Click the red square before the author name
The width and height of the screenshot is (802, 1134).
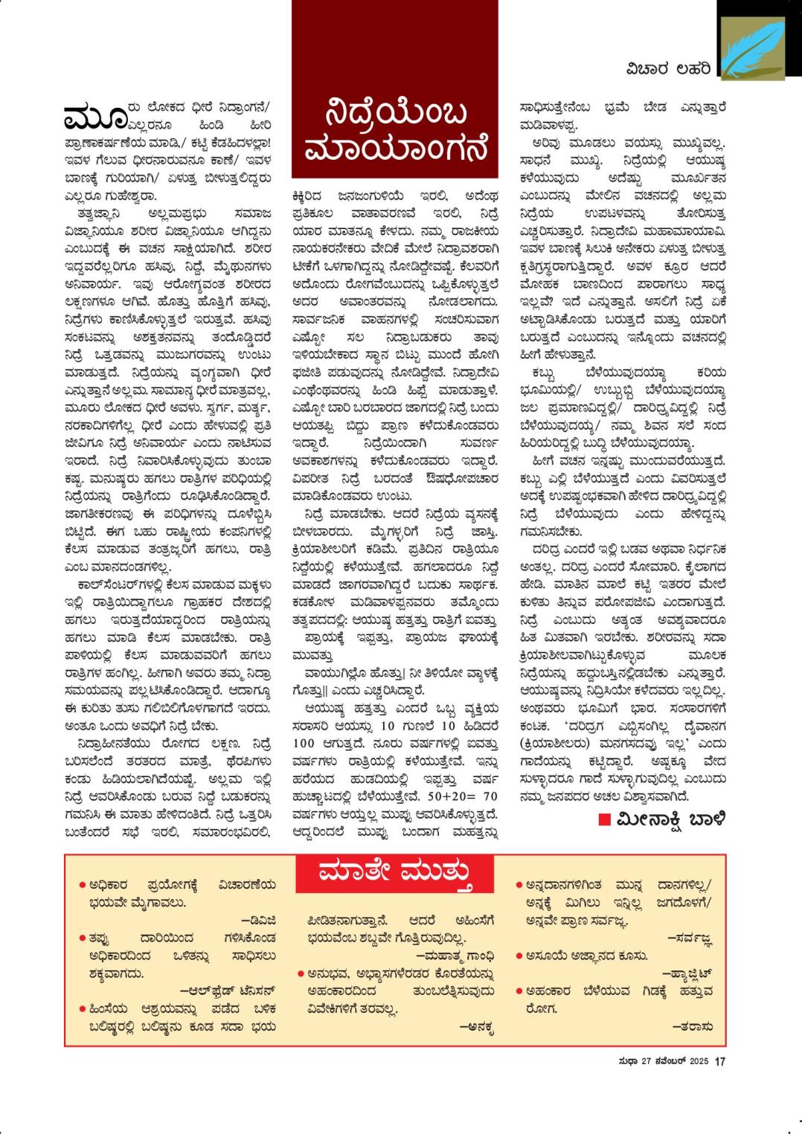[605, 819]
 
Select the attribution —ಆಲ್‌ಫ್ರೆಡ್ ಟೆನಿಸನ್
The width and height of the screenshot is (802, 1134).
[228, 990]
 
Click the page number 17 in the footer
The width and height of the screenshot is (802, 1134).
[720, 1061]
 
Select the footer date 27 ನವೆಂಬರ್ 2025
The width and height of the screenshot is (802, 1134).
[671, 1061]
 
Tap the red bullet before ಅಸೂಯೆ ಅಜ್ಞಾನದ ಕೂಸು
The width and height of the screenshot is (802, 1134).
[519, 956]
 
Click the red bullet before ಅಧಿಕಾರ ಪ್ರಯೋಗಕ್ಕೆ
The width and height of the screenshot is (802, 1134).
[82, 885]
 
